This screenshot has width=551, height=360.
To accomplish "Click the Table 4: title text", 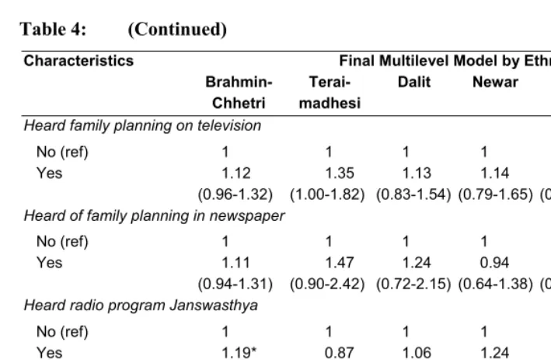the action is [53, 29].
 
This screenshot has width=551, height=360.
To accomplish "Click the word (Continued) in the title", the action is [177, 30].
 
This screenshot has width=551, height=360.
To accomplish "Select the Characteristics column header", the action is [78, 61].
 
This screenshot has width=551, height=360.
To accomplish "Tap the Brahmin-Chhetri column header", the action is [239, 93].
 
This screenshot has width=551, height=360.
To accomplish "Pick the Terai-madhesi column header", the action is [330, 93].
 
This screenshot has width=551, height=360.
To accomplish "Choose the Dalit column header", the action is [414, 82].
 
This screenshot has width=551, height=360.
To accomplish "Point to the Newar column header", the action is [495, 82].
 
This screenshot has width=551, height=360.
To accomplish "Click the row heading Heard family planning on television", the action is [142, 126].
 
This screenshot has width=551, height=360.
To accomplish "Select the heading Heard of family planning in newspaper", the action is [154, 216].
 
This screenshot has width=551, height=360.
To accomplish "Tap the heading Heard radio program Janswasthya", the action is [141, 306].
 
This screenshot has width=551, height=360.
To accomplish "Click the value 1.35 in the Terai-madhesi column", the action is [340, 173].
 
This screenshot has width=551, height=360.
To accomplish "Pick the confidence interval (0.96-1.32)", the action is [235, 194].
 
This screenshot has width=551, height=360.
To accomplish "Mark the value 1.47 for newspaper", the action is [340, 263].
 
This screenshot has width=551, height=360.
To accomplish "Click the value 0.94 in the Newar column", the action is [494, 263].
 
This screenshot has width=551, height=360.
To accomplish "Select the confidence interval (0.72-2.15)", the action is [413, 284].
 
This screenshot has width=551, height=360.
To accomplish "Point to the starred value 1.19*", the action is [239, 353].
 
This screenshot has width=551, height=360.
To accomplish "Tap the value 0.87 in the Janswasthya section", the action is [339, 353].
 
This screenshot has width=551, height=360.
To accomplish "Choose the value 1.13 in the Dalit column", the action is [417, 173].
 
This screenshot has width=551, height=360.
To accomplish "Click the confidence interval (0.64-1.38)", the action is [496, 284].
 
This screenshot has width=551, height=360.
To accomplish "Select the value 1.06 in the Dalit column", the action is [417, 353].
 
